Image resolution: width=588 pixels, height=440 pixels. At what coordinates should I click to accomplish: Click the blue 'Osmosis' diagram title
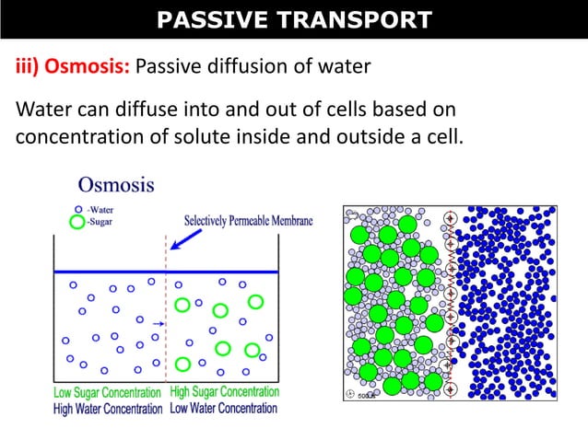116,184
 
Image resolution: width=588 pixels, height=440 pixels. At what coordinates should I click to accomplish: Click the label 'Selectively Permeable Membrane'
249,221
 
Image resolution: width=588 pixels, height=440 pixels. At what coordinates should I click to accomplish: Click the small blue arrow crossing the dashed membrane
158,324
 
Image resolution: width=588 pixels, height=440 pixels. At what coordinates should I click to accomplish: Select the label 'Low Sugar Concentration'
109,393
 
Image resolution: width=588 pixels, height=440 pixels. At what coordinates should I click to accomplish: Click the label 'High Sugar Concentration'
225,392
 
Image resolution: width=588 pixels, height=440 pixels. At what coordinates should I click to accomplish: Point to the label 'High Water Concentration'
109,409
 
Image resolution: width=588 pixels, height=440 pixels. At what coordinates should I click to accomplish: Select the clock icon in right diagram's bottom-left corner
350,395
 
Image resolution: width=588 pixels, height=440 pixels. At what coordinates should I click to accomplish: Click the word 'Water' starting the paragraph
42,110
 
